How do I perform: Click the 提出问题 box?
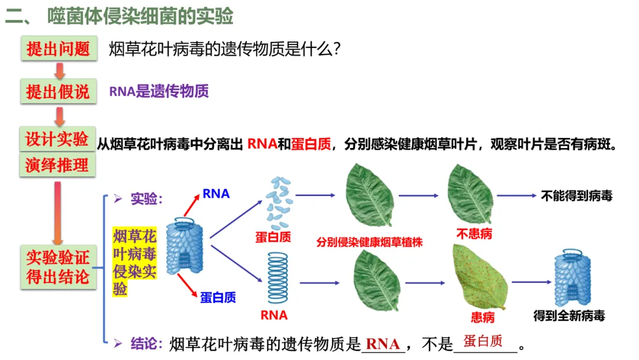click(58, 49)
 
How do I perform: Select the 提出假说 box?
click(58, 91)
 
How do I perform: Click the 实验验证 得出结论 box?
click(58, 267)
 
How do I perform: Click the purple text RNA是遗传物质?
click(159, 91)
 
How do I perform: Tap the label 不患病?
click(474, 233)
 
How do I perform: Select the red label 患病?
click(482, 317)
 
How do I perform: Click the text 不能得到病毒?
click(576, 196)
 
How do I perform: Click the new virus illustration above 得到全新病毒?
click(569, 279)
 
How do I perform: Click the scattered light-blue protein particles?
click(277, 203)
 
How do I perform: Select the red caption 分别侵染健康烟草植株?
click(369, 242)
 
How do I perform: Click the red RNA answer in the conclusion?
click(383, 343)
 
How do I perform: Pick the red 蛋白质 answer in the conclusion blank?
click(483, 341)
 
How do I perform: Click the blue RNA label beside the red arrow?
click(216, 194)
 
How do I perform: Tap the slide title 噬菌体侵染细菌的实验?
click(140, 16)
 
